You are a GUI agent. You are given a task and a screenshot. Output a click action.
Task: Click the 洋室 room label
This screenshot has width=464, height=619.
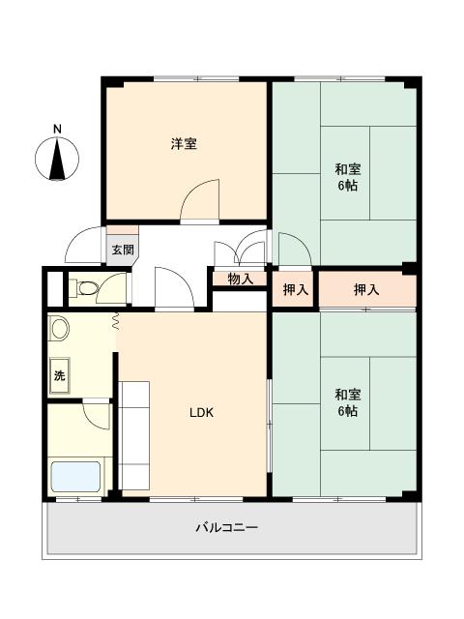[184, 144]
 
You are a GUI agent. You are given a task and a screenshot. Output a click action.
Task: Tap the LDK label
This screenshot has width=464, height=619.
[201, 413]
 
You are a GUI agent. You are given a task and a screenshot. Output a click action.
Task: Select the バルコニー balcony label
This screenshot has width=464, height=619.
[227, 527]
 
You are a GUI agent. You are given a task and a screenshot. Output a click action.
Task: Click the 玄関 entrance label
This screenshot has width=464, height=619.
[123, 250]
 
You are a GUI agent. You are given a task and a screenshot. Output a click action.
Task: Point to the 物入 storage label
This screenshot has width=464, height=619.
[241, 280]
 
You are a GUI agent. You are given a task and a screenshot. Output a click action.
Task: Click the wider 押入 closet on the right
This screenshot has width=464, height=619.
[367, 290]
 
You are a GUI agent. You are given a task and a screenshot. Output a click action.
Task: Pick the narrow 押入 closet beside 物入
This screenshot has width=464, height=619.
[296, 290]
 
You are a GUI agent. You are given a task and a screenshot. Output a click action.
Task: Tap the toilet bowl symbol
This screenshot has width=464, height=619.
[84, 288]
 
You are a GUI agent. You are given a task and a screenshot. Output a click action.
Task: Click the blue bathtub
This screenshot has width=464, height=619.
[75, 477]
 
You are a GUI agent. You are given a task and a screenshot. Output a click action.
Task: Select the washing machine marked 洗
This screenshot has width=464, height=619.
[59, 375]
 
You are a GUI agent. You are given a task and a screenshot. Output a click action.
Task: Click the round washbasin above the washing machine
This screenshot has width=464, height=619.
[59, 328]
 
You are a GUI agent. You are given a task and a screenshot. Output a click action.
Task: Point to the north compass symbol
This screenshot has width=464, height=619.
[57, 159]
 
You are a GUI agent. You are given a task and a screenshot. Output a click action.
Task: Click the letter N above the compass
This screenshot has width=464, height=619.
[58, 129]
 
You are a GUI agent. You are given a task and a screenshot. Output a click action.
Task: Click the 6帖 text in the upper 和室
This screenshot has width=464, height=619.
[348, 186]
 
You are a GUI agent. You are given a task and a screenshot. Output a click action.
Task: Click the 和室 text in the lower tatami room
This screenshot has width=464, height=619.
[348, 395]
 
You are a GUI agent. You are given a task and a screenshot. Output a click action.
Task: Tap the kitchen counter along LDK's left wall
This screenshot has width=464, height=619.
[133, 435]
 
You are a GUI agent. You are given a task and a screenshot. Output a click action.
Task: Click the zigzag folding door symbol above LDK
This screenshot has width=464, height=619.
[116, 321]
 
